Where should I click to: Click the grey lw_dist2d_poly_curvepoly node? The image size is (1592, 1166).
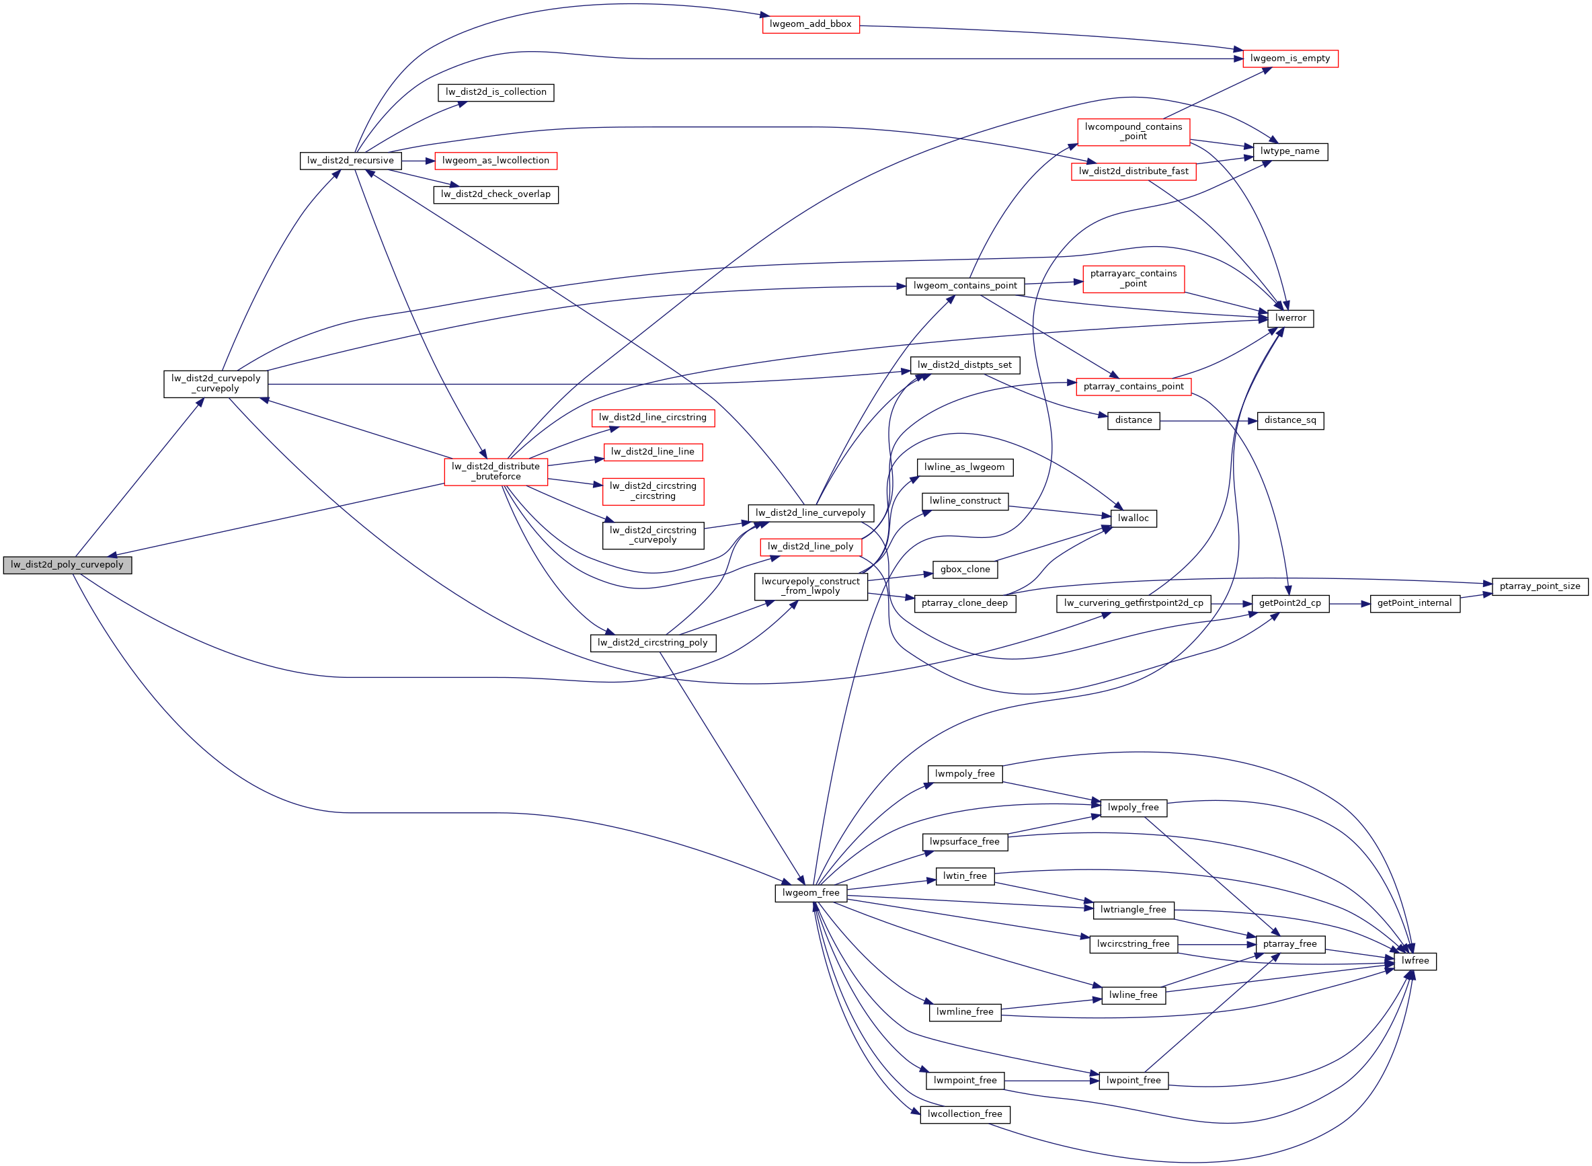click(67, 565)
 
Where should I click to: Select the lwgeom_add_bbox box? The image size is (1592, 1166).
click(810, 24)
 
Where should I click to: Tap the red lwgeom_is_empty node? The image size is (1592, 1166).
click(1289, 59)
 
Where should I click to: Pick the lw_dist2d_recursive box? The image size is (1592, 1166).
click(350, 161)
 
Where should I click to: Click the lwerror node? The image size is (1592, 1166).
click(1290, 318)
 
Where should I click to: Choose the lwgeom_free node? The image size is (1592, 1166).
click(810, 893)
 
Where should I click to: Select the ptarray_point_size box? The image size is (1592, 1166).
click(1539, 586)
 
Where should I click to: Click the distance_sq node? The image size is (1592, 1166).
click(1289, 421)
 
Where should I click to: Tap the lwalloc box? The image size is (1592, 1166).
click(1133, 518)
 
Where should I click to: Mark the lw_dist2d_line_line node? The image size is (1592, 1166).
click(652, 452)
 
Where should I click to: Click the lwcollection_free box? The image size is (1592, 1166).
click(964, 1114)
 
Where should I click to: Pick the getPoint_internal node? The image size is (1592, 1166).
click(1414, 603)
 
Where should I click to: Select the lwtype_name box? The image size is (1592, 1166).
click(1289, 151)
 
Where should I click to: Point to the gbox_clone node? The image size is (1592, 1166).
click(965, 570)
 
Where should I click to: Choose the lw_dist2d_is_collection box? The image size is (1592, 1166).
click(495, 93)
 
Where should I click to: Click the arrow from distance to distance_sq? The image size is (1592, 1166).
click(1207, 421)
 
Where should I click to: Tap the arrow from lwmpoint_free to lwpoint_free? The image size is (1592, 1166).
click(1051, 1081)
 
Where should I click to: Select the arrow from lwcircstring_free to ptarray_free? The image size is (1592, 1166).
click(1216, 944)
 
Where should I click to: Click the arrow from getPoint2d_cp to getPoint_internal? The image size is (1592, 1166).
click(1349, 603)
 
